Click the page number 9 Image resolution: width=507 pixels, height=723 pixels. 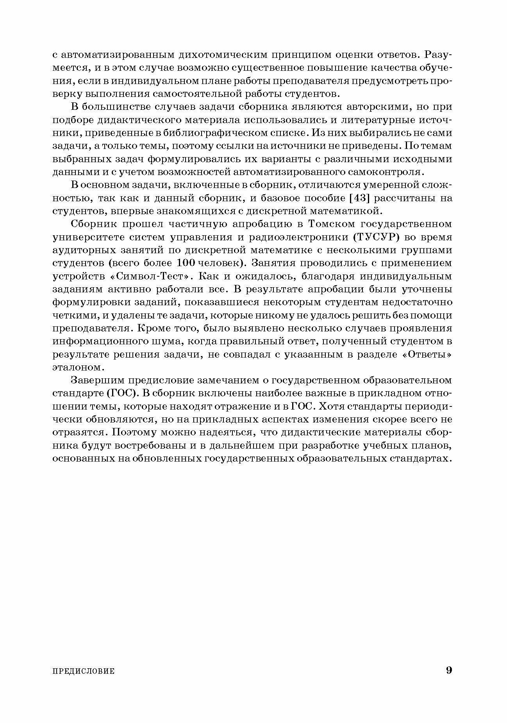click(448, 670)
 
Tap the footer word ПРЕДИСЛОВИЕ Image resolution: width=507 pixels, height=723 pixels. click(84, 671)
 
